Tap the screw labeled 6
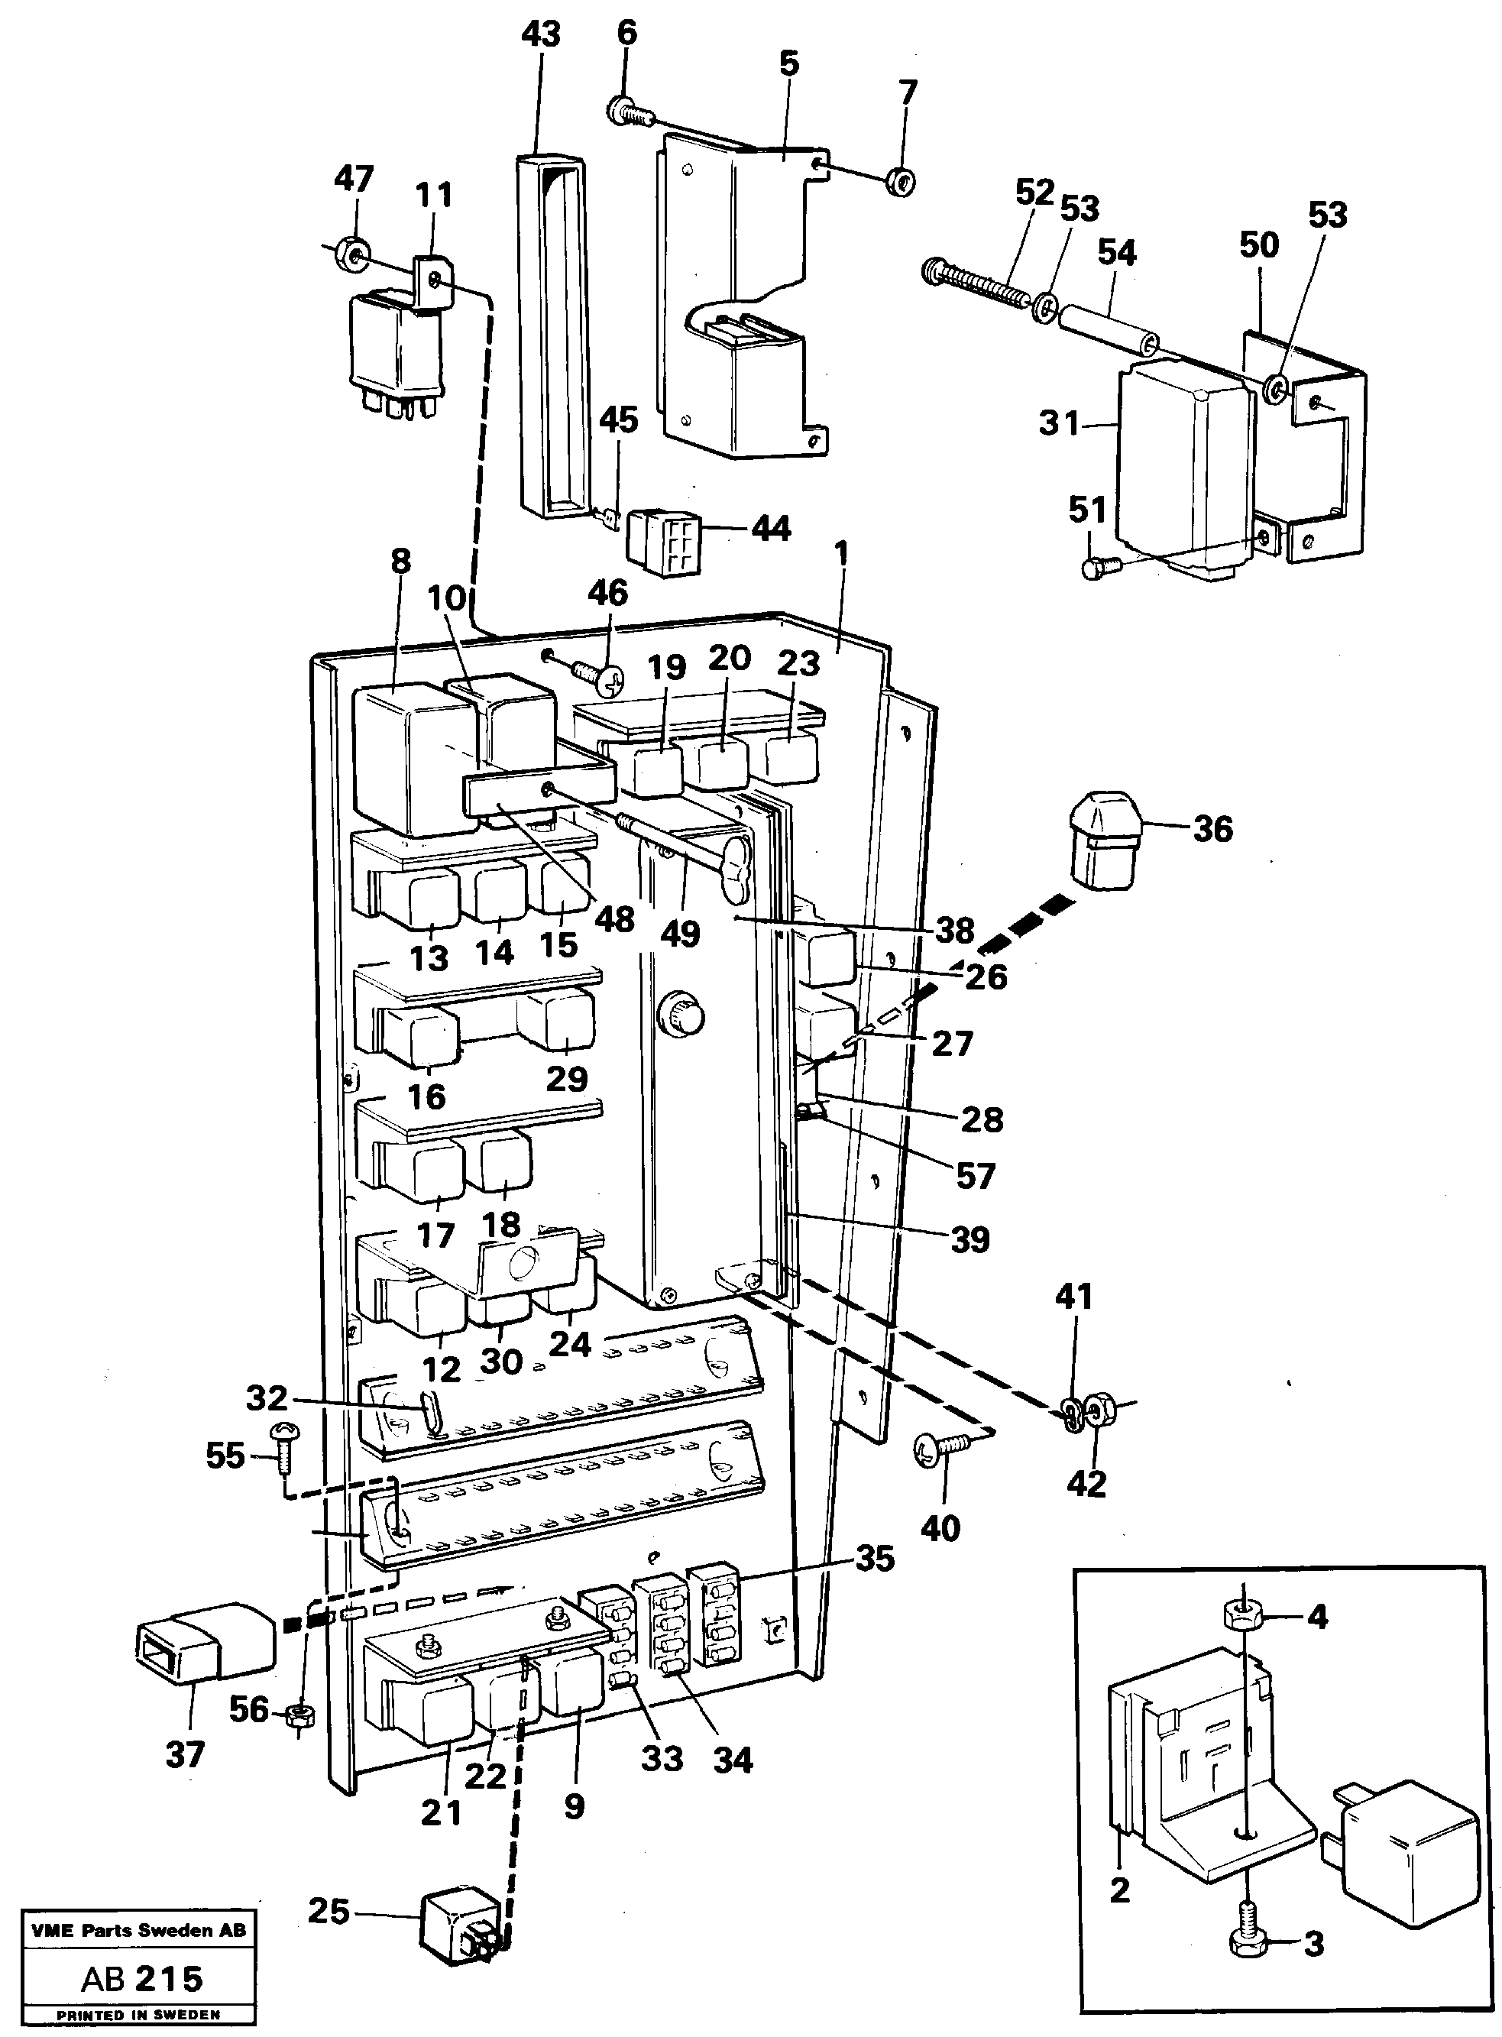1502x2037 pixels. pos(626,112)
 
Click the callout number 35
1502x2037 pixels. pos(874,1559)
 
